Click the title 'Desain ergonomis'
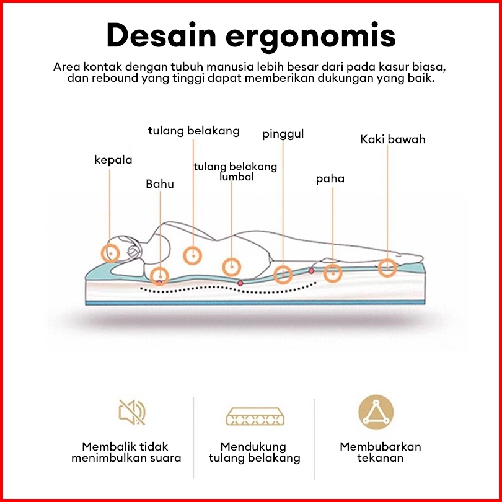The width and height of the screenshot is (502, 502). pos(250,35)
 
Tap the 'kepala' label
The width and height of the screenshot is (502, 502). pos(113,160)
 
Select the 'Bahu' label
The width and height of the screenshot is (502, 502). pos(160,184)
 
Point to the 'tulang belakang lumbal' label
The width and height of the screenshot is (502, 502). pos(236,172)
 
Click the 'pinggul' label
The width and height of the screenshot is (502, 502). pos(283,134)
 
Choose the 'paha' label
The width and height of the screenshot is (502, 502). pos(330,179)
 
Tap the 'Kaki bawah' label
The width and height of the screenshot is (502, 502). pos(393,139)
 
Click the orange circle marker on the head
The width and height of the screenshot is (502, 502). pos(112,252)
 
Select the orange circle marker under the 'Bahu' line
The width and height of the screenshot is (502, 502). pos(159,276)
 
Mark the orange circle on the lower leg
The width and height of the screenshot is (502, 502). pos(387,268)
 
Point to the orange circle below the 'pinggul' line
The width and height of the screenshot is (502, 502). pos(283,274)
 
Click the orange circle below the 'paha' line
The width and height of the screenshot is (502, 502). pos(333,272)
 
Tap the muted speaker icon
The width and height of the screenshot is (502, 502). pos(132,412)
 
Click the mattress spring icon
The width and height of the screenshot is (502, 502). pos(254,416)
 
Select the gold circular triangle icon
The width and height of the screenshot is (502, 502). pos(376,412)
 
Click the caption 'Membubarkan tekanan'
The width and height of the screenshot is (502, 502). pos(380,452)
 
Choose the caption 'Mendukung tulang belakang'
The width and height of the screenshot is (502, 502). pos(254,452)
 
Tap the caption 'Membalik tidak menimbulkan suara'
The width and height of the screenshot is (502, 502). pos(126,452)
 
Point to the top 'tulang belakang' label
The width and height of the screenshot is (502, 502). pos(193,131)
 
